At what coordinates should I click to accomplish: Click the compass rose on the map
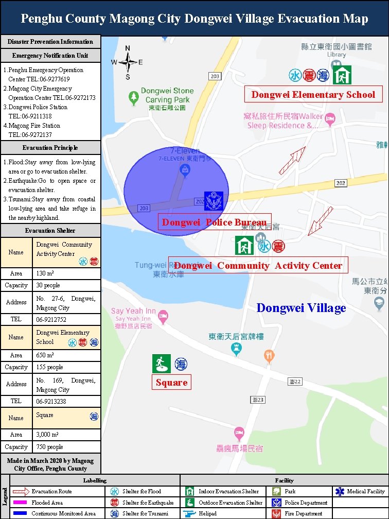pos(127,62)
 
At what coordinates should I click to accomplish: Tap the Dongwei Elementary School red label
pos(313,94)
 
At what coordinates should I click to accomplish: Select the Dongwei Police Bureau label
pos(214,222)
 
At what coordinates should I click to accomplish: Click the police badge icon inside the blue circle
pos(213,200)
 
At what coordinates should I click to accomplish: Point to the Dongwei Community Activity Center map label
pos(258,265)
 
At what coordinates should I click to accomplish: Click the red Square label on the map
pos(171,382)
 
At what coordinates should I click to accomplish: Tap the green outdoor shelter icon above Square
pos(161,364)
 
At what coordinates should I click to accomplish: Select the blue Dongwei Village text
pos(301,308)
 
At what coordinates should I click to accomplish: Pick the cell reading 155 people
pos(66,367)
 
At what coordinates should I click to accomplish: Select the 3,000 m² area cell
pos(66,435)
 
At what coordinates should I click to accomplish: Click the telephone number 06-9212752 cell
pos(66,319)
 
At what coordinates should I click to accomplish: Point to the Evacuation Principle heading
pos(50,148)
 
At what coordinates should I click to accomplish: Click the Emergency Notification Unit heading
pos(50,56)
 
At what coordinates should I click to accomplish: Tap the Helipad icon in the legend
pos(189,513)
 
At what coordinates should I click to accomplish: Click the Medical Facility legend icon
pos(340,492)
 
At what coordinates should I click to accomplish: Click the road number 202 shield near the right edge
pos(341,183)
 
